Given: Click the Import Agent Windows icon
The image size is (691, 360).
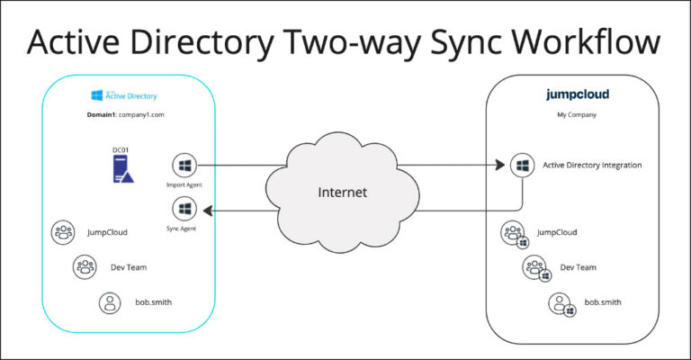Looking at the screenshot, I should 184,166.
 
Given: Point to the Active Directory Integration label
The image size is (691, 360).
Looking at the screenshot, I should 591,166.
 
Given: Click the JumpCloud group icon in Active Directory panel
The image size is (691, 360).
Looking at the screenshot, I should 64,232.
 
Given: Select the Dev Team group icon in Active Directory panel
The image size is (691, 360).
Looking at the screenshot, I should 85,266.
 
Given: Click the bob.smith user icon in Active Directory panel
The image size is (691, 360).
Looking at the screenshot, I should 110,302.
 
